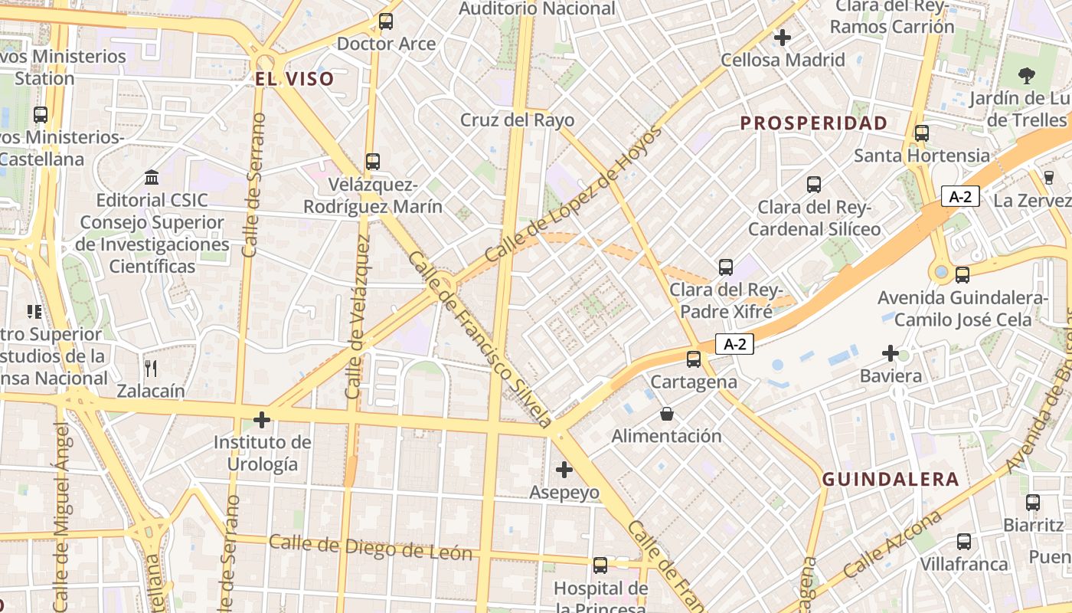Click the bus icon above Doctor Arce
pos(386,21)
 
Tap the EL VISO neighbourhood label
pos(295,79)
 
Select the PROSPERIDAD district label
pos(814,123)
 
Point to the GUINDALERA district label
pos(891,480)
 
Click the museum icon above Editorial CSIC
pos(152,178)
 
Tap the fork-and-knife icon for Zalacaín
pos(151,368)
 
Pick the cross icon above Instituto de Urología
pos(262,420)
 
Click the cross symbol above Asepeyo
pos(564,469)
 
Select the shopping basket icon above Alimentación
pos(667,414)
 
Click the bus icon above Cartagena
pos(694,359)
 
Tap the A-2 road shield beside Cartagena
pos(735,345)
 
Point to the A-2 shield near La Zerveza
pos(960,197)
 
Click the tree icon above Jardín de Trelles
pos(1027,76)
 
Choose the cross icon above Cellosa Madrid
pos(783,37)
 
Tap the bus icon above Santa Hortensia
pos(922,133)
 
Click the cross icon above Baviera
pos(891,353)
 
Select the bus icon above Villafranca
pos(964,542)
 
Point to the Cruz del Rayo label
pos(517,120)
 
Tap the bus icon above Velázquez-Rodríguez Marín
pos(373,162)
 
